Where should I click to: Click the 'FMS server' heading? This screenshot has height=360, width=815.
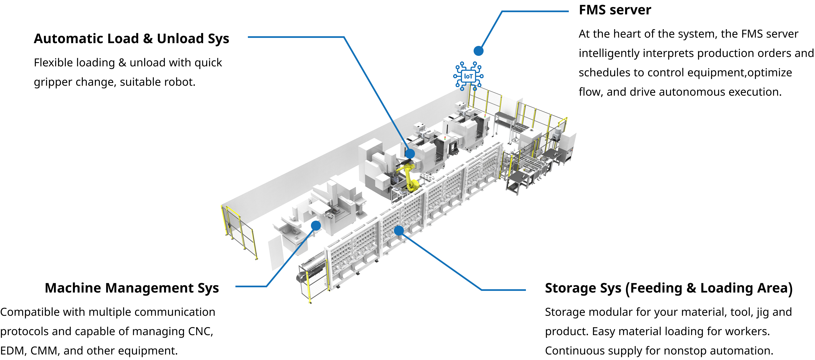615,10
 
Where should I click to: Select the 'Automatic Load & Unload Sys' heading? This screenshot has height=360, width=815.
131,39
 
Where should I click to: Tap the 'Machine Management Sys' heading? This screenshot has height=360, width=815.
132,288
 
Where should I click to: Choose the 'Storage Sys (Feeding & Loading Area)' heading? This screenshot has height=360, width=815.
668,288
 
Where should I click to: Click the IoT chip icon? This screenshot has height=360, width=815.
468,76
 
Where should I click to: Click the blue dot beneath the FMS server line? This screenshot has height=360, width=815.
478,51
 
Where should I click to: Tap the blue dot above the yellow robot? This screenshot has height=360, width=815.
410,154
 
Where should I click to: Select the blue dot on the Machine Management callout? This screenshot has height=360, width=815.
316,226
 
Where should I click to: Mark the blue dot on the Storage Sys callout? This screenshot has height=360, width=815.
399,230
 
